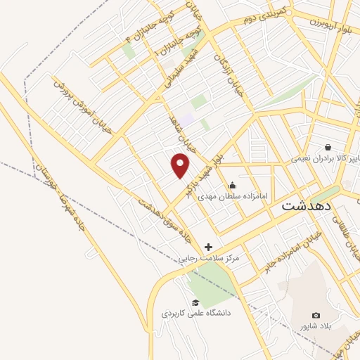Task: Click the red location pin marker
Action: (181, 165)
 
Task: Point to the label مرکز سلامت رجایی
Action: (210, 258)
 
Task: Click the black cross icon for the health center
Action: (208, 247)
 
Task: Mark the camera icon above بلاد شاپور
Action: (316, 315)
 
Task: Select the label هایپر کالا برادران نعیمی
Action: (327, 159)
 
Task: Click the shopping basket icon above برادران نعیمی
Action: (328, 146)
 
